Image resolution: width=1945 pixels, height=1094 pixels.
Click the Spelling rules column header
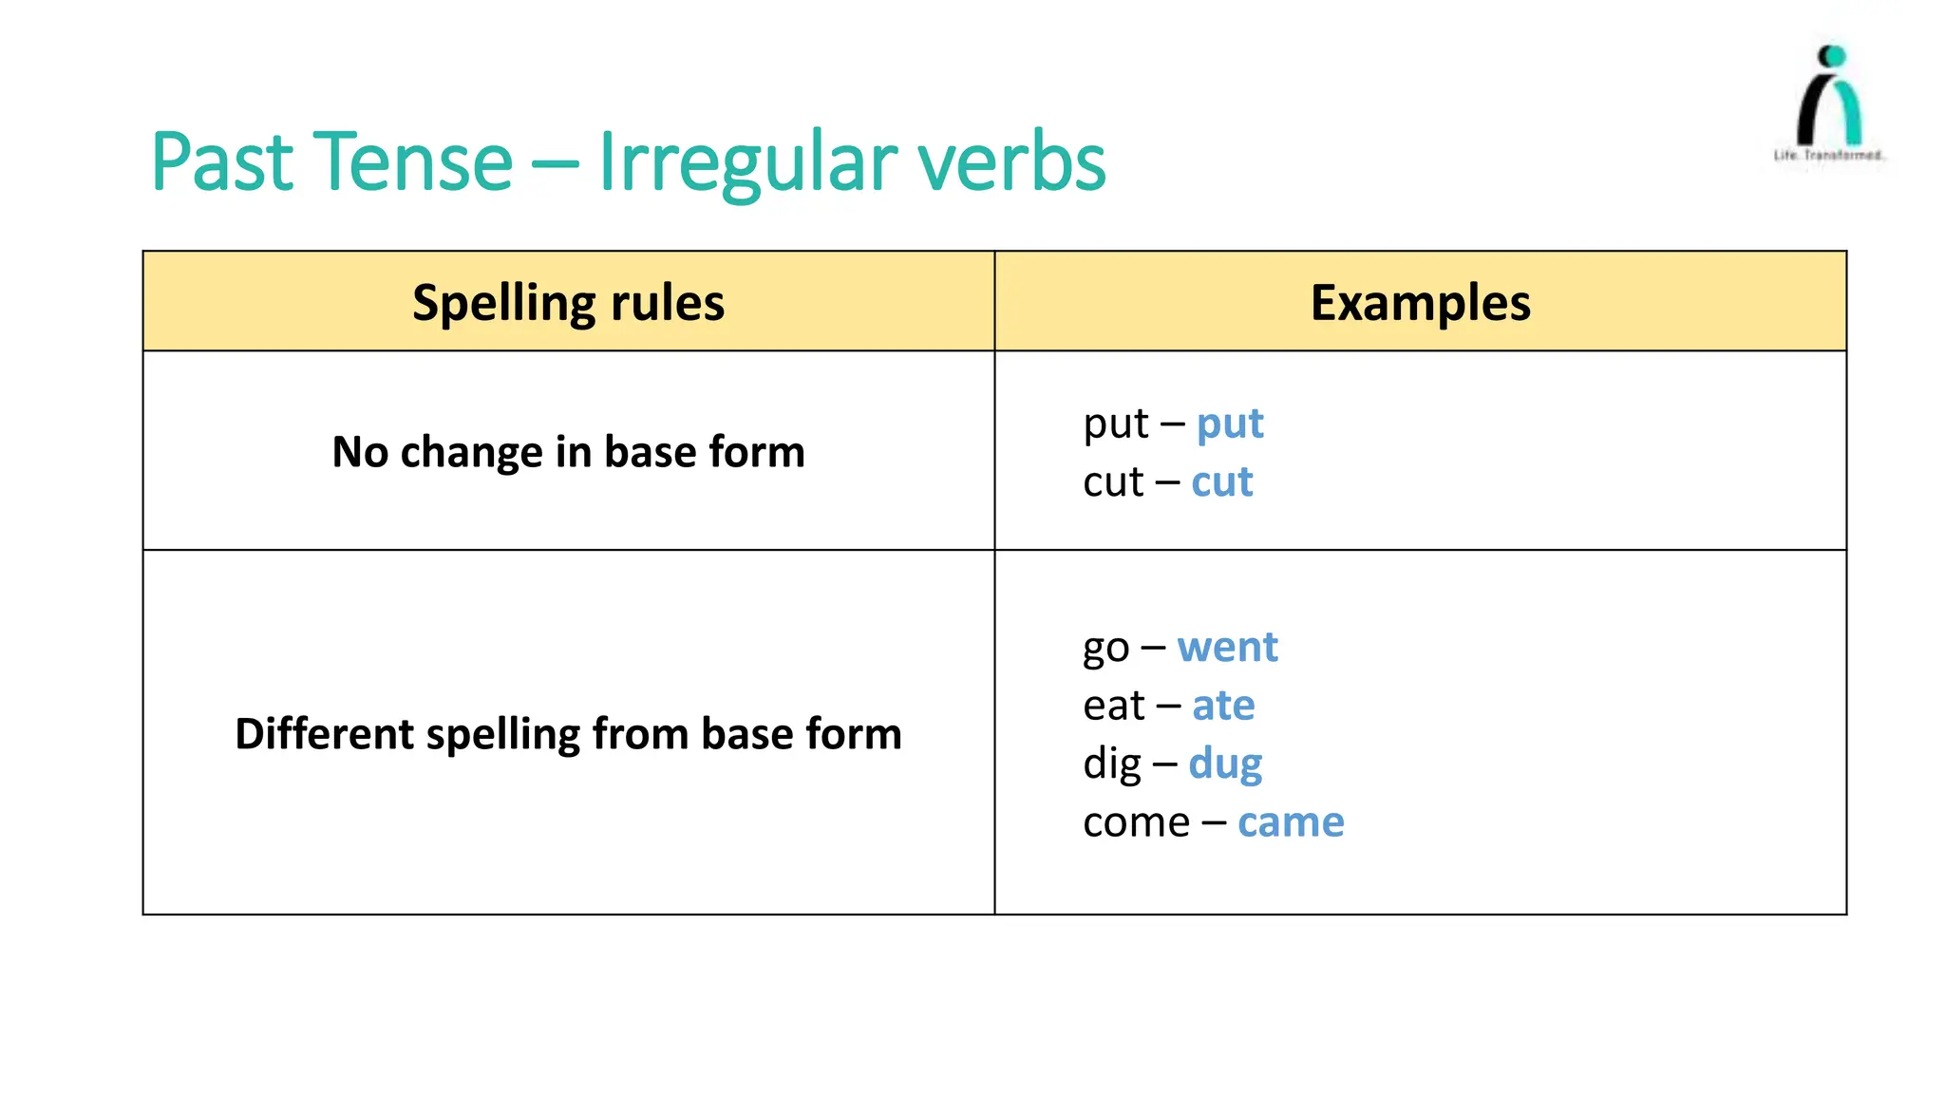[568, 303]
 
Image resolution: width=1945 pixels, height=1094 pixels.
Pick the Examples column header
[1420, 303]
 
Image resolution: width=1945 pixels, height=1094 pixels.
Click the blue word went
[1227, 648]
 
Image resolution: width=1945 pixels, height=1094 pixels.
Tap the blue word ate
[1223, 706]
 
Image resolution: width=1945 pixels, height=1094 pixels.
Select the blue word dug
[1225, 764]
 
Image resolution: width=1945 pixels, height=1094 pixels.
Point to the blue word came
[1291, 822]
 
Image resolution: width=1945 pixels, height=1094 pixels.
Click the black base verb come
[1136, 822]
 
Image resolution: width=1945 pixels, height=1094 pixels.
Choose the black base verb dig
[1111, 764]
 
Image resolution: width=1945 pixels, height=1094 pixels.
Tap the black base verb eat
[1113, 706]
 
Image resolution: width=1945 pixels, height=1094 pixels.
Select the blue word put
[1230, 424]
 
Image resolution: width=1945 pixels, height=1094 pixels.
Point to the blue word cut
[1222, 482]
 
